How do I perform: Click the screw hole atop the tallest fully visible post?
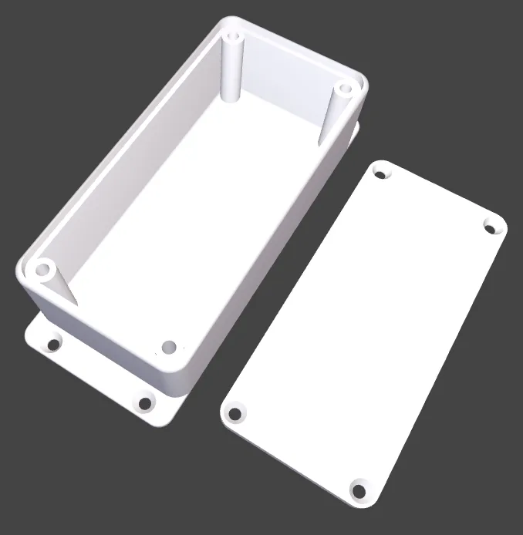coord(233,36)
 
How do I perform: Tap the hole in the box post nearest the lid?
coord(345,89)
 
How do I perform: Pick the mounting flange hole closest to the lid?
coord(144,402)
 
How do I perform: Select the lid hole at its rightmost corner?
coord(491,226)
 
